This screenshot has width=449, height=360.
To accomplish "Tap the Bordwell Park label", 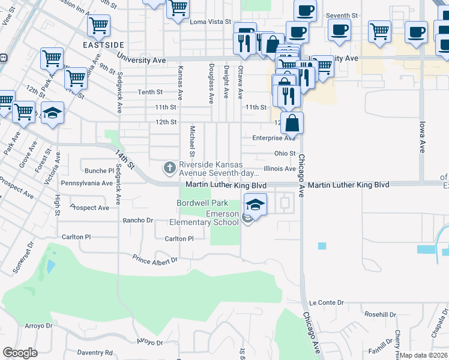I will click(202, 203).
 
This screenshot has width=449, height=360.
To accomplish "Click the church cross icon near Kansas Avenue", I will click(170, 166).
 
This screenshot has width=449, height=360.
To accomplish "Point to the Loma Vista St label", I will click(210, 22).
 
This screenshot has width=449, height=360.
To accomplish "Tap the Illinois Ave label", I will click(281, 169).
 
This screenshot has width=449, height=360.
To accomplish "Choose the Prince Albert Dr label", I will click(155, 260).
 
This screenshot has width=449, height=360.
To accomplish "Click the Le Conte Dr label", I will click(326, 303).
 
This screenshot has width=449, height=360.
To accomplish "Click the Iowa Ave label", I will click(422, 138).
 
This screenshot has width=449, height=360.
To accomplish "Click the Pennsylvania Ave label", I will click(87, 182).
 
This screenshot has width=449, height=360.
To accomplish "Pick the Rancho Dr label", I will click(137, 220).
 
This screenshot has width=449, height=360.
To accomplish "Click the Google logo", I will click(20, 352).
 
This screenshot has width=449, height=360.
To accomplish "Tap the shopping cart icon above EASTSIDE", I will click(98, 26).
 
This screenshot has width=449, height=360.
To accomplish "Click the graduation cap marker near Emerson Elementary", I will click(255, 205).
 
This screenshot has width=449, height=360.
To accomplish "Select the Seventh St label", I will click(342, 16).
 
